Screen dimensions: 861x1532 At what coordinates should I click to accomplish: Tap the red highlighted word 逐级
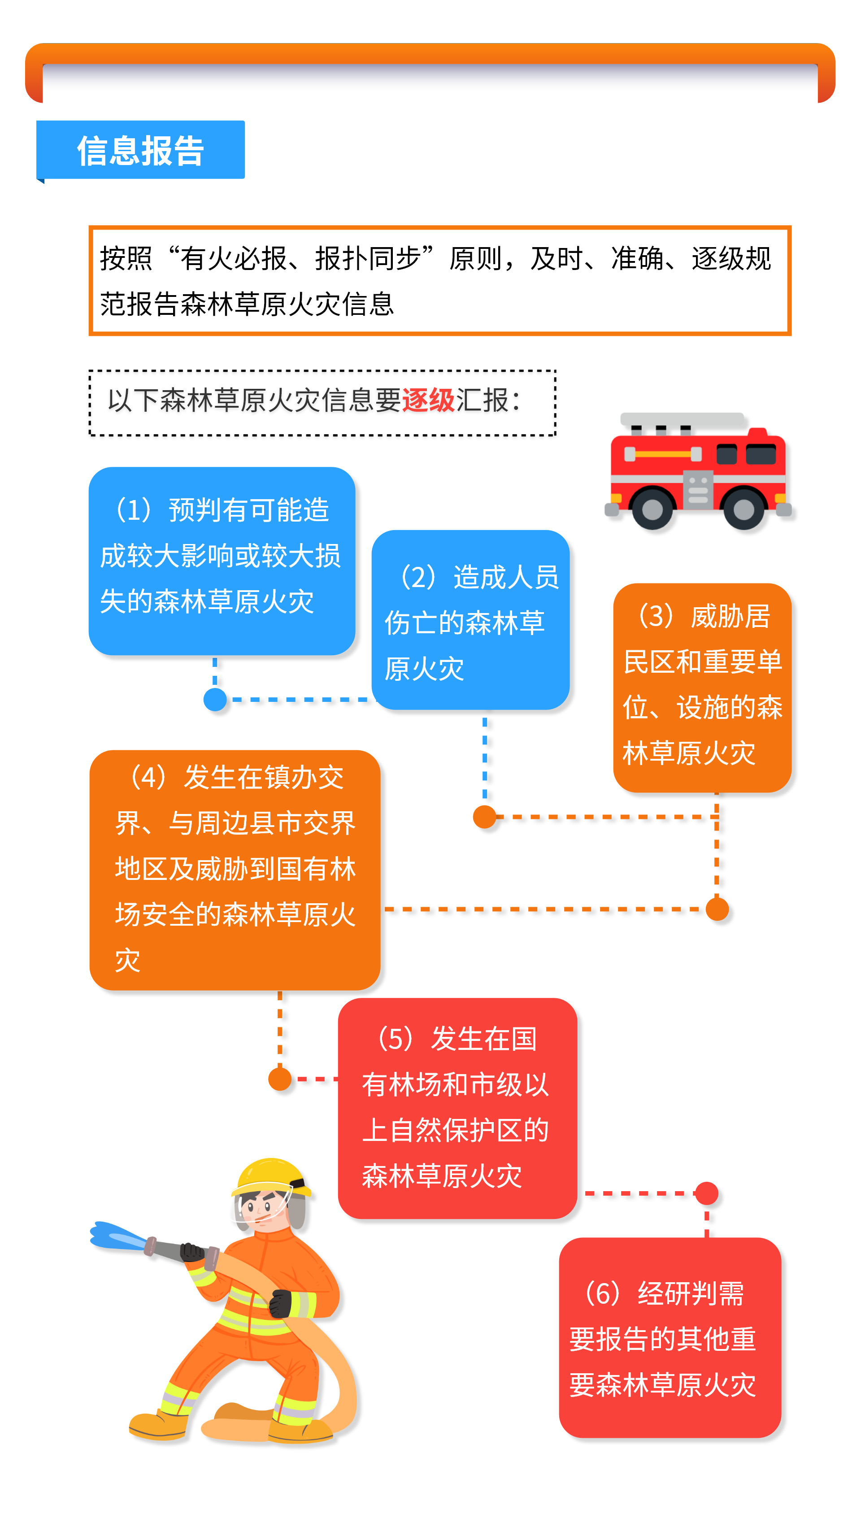pyautogui.click(x=429, y=400)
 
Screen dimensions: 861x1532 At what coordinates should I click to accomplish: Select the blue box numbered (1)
pyautogui.click(x=222, y=561)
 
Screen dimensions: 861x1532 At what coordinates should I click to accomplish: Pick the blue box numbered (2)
pyautogui.click(x=470, y=620)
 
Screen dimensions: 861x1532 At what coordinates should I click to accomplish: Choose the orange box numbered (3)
pyautogui.click(x=702, y=688)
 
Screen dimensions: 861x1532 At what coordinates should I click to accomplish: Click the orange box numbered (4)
pyautogui.click(x=235, y=870)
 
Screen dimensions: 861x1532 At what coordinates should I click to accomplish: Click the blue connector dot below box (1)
pyautogui.click(x=215, y=699)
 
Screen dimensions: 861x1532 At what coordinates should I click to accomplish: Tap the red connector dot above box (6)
pyautogui.click(x=706, y=1193)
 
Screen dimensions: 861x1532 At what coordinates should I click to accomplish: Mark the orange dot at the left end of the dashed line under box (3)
pyautogui.click(x=485, y=817)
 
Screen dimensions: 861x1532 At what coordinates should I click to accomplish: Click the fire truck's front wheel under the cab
pyautogui.click(x=743, y=509)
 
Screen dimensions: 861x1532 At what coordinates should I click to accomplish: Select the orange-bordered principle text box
pyautogui.click(x=440, y=281)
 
